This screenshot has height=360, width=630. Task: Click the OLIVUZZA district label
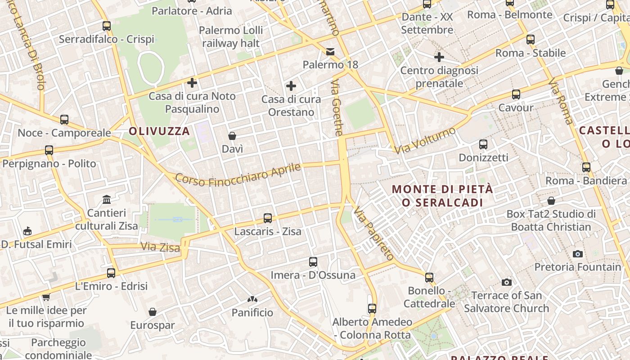point(159,131)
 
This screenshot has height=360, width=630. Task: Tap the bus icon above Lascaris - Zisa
point(268,218)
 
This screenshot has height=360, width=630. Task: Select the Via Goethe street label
point(337,108)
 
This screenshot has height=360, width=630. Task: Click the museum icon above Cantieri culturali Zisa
point(107,199)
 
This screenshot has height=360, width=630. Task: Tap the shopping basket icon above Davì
point(232,135)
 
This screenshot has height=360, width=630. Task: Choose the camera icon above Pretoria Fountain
point(578,254)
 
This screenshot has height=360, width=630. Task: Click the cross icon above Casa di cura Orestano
point(291,85)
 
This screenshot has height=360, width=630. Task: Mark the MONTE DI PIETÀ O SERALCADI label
point(442,196)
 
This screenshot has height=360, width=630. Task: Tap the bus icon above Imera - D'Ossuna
point(313,261)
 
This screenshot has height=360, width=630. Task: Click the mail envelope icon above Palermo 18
point(330,51)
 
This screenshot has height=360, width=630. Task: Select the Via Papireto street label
point(373,234)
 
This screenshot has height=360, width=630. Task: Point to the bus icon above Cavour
point(516,94)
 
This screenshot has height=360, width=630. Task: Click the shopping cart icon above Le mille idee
point(46,297)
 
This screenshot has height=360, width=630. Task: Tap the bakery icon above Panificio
point(252,299)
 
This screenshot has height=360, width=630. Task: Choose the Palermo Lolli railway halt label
point(231,37)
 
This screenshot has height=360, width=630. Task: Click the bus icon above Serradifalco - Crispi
point(107,26)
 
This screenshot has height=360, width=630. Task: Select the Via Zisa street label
point(160,247)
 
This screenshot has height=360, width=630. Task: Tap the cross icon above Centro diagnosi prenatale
point(439,57)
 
